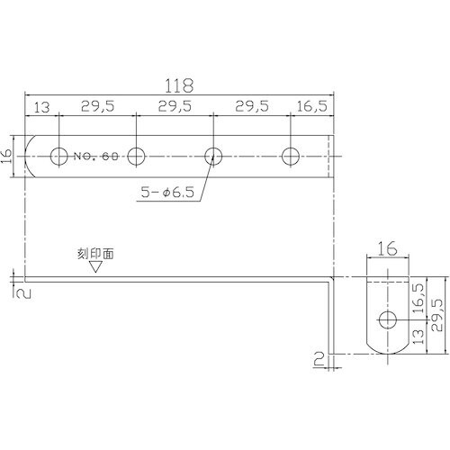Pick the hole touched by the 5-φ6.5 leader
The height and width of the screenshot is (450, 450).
click(213, 156)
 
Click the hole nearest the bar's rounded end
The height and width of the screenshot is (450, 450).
click(59, 156)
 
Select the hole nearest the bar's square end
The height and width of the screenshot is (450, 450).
click(290, 156)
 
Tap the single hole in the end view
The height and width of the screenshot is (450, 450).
click(387, 320)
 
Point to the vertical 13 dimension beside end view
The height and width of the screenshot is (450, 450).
click(419, 337)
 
